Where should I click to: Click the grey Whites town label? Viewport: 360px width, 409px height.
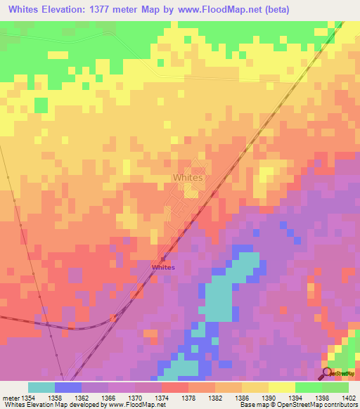[x=188, y=178]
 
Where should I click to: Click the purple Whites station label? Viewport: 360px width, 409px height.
[x=163, y=268]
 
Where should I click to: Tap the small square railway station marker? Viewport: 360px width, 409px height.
[x=163, y=259]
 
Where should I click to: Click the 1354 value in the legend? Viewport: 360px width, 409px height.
[x=28, y=397]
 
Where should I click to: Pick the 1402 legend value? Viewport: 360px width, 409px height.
[x=349, y=397]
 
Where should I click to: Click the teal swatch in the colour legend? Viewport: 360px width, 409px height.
[x=41, y=387]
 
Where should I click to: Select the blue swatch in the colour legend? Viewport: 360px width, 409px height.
[x=68, y=387]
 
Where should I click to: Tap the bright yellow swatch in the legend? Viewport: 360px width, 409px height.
[x=281, y=387]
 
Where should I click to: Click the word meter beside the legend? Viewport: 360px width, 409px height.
[x=11, y=397]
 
